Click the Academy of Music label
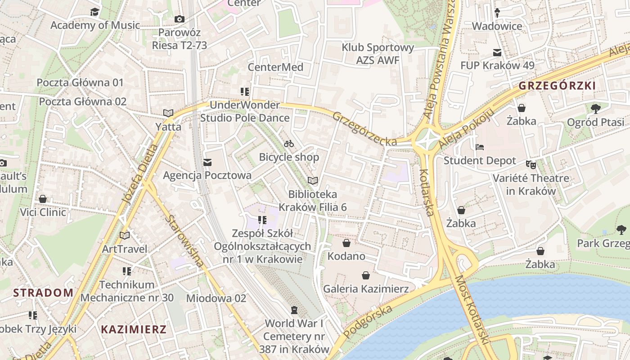95,25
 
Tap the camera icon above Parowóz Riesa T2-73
179,19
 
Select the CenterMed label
275,67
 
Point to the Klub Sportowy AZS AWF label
378,54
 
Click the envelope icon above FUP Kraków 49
497,53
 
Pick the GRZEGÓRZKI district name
557,85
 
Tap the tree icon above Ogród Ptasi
595,108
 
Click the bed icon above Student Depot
480,147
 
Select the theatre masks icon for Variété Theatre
531,165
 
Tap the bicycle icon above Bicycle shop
289,144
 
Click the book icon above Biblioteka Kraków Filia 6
312,180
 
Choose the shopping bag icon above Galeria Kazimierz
366,275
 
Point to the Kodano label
346,256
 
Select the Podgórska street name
367,321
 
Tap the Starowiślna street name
184,241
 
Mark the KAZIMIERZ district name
134,329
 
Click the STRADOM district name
43,292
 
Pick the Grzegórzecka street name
364,129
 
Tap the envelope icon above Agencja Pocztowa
207,162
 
